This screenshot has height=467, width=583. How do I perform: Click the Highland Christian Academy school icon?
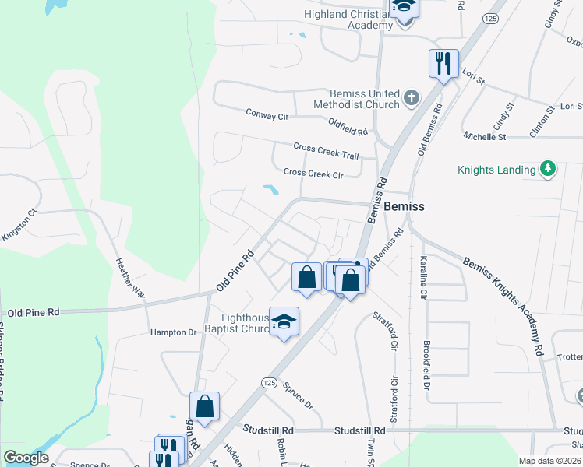coord(404,8)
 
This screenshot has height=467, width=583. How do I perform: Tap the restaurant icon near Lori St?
coord(443,64)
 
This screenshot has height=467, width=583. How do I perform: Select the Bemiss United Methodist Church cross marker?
coord(412,99)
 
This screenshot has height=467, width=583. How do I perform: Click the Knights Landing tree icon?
coord(548,169)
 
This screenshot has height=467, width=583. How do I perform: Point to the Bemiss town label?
coord(405,206)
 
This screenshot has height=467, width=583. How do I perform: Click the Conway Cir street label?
coord(267,116)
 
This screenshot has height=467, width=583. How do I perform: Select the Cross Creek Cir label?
coord(313,174)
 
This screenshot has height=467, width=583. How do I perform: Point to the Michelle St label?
coord(485,136)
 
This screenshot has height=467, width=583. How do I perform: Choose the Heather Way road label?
coord(130,278)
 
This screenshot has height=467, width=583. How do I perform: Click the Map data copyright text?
coord(550,461)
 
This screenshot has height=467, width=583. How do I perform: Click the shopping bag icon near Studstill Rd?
coord(204,407)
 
